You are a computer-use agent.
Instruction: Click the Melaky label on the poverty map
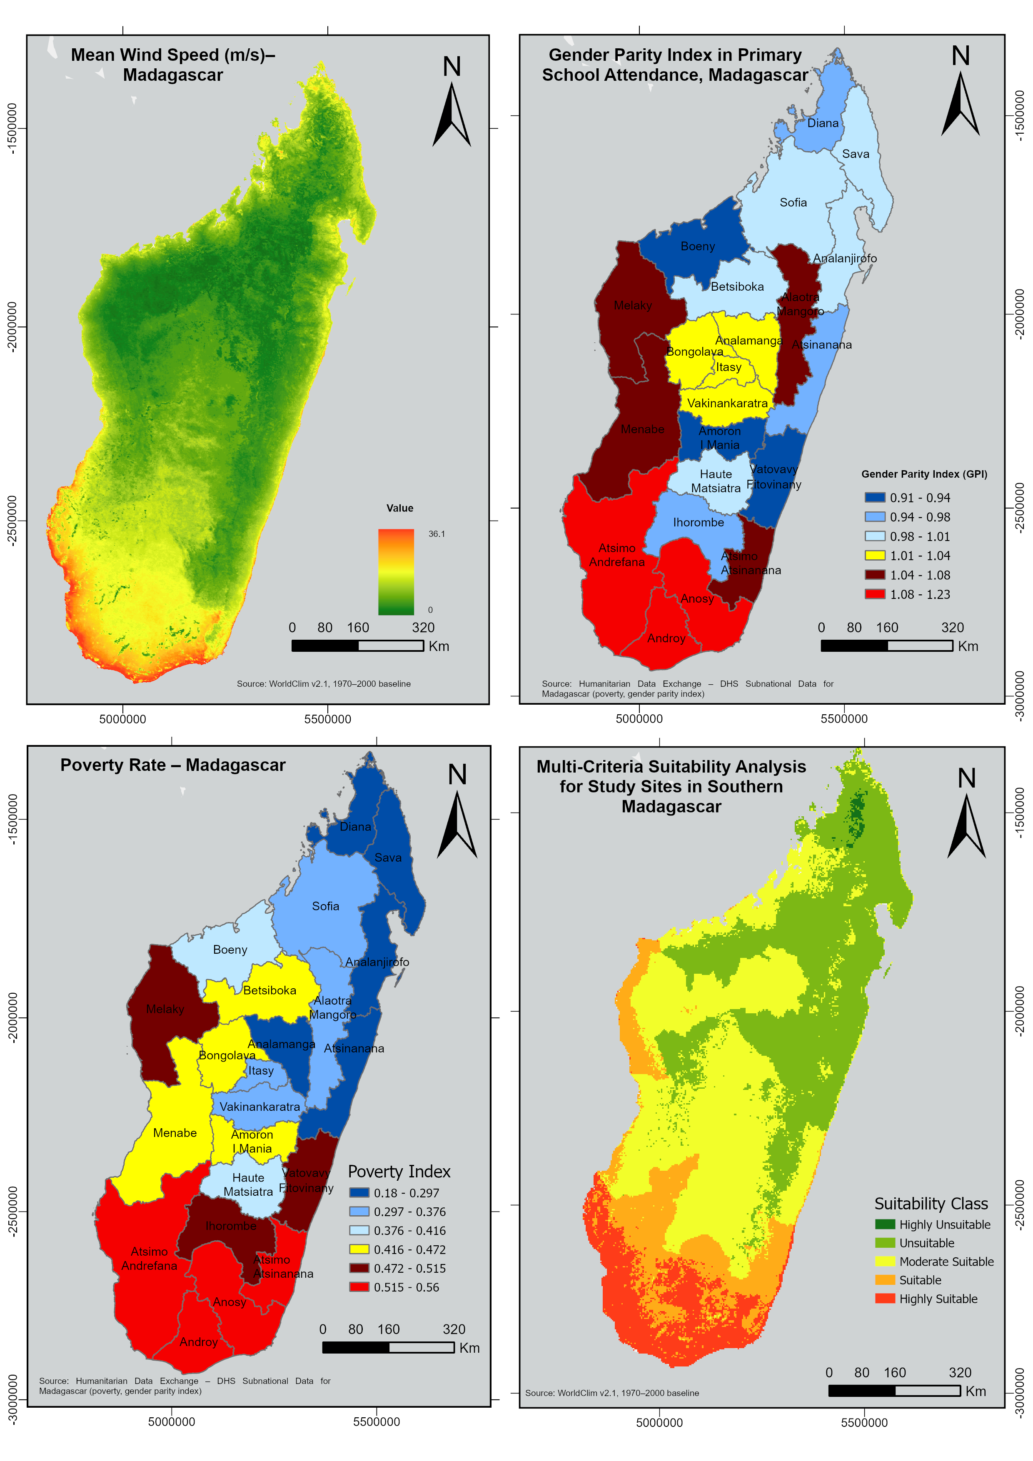click(165, 1009)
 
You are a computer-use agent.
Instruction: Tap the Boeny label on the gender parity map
click(698, 246)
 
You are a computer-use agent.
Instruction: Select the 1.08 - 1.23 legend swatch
click(875, 594)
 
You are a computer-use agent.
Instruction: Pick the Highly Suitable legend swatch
click(885, 1299)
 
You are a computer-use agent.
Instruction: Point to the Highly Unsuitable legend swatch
click(885, 1224)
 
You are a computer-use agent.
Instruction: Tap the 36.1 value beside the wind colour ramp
click(437, 534)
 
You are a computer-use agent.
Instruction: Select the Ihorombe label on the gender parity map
click(698, 522)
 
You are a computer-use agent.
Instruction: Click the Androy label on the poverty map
click(199, 1342)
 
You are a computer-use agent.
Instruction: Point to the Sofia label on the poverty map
click(325, 906)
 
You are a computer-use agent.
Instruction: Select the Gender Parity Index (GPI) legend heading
click(923, 474)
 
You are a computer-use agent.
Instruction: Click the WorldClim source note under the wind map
click(323, 684)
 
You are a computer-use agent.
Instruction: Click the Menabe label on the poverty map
click(175, 1133)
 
